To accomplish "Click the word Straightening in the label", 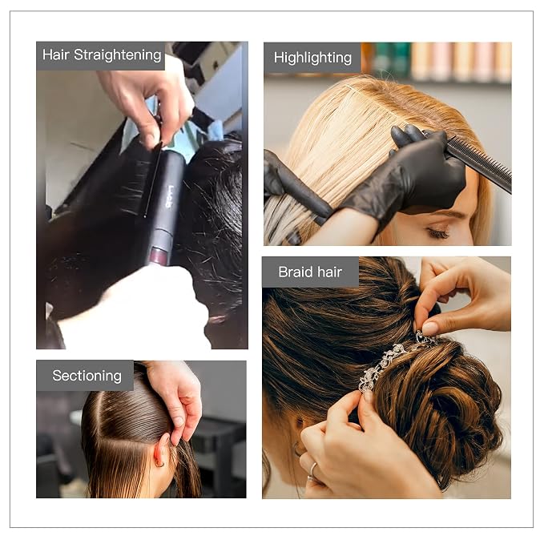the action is click(118, 55).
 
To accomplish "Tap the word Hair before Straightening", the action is click(56, 54).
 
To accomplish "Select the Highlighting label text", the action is click(312, 58).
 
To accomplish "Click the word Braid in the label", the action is click(296, 272).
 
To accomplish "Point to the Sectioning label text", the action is click(87, 376).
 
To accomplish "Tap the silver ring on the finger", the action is click(312, 471).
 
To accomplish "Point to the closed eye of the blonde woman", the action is click(437, 232).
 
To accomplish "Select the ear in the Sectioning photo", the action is click(161, 451).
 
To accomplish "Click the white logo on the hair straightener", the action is click(169, 196).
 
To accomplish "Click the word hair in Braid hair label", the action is click(329, 272).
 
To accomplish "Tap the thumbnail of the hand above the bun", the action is click(430, 328).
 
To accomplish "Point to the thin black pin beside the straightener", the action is click(153, 179).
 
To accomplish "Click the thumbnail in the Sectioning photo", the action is click(179, 421).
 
